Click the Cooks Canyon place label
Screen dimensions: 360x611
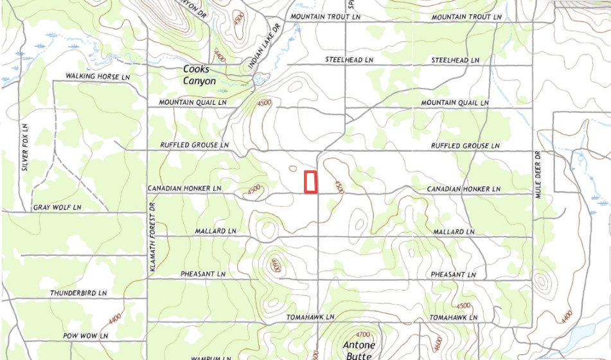click(199, 75)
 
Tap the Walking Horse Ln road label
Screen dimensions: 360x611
click(98, 76)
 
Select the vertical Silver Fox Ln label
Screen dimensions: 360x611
click(25, 147)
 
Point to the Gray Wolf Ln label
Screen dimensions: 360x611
click(58, 208)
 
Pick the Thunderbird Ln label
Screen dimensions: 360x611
click(78, 293)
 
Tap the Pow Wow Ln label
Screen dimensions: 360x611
click(85, 336)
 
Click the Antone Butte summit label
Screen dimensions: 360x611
click(359, 350)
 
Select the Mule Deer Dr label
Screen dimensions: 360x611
click(538, 175)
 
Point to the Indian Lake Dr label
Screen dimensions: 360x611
click(265, 47)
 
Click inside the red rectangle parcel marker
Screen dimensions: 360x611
click(311, 182)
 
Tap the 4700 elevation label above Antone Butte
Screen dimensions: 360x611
click(363, 334)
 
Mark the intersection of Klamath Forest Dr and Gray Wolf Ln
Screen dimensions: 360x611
click(148, 212)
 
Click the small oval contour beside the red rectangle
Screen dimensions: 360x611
click(293, 169)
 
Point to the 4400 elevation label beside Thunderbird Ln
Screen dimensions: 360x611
click(116, 317)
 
